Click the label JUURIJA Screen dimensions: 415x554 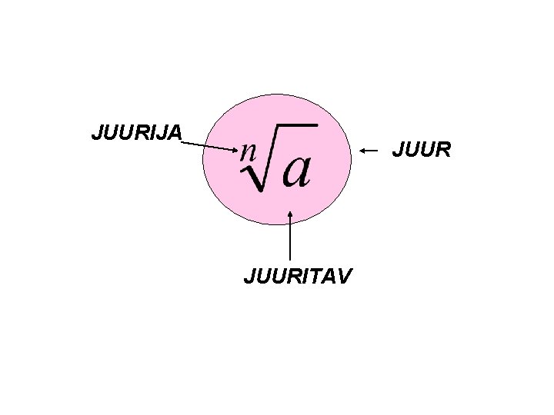click(137, 133)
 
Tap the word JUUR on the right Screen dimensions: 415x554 click(421, 151)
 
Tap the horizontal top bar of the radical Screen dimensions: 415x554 click(296, 124)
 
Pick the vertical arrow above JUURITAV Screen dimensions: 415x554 click(289, 238)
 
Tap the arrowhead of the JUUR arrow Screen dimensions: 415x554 click(364, 150)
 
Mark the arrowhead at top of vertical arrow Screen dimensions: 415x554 click(289, 215)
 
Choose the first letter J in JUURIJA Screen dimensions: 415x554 click(95, 133)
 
